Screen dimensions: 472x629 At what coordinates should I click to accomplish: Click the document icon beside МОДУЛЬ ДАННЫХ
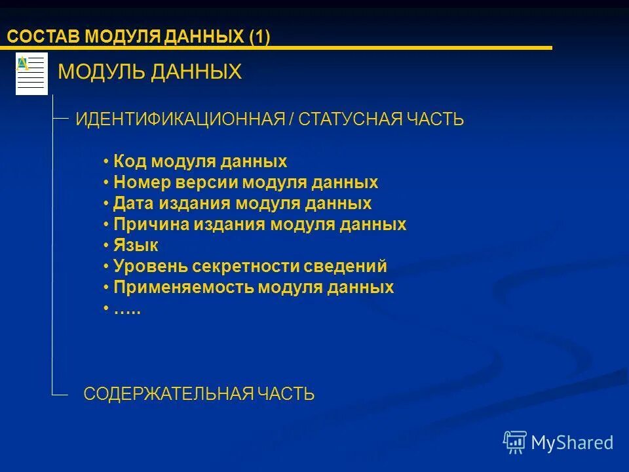click(31, 73)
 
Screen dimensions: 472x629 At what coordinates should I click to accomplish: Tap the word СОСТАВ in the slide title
click(43, 37)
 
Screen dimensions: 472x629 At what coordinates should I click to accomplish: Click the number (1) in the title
click(259, 37)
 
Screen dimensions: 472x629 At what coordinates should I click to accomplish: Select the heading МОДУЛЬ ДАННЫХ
click(150, 72)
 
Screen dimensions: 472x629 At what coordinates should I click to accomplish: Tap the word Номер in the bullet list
click(139, 182)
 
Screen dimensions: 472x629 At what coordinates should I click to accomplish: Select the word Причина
click(150, 224)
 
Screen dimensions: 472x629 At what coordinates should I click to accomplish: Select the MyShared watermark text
click(572, 442)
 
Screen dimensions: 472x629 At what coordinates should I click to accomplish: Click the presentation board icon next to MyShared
click(515, 442)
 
